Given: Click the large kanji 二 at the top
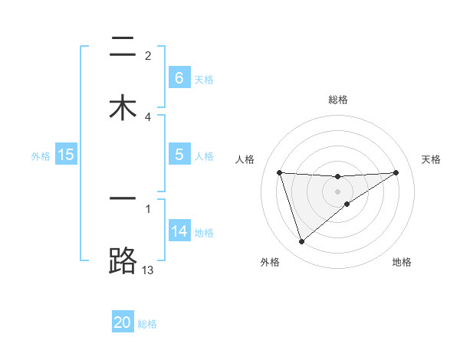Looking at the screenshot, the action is click(123, 47).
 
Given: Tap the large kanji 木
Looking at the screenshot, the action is click(123, 108).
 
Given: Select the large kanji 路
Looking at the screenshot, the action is click(123, 262).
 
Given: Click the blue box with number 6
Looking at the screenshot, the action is click(179, 78).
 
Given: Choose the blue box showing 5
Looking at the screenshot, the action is click(179, 155).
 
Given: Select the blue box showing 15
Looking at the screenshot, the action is click(66, 155).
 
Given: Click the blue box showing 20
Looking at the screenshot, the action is click(123, 322).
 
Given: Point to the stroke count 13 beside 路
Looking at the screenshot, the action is click(148, 270).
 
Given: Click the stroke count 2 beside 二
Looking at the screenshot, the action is click(148, 55).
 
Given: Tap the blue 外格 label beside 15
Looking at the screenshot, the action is click(41, 155).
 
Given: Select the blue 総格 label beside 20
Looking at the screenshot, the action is click(147, 324).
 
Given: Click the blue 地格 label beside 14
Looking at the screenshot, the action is click(204, 233).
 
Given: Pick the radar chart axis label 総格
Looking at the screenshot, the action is click(338, 100).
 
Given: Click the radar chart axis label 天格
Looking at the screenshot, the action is click(431, 159).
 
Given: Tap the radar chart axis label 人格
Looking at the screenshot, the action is click(245, 159).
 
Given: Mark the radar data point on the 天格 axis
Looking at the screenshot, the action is click(396, 172).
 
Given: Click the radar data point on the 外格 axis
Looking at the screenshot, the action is click(301, 242).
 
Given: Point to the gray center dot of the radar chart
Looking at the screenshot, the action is click(338, 191).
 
